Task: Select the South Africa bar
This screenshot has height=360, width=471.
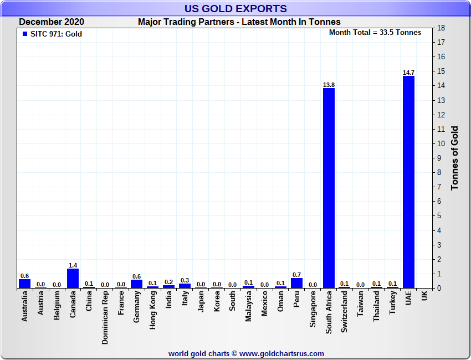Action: pos(329,188)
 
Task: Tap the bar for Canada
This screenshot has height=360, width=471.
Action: pos(73,278)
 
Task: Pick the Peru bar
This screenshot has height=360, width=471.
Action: pos(296,283)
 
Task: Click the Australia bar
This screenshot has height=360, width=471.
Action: pos(24,284)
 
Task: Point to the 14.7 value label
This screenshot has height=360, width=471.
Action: pos(408,73)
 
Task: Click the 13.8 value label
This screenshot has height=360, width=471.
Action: pos(329,85)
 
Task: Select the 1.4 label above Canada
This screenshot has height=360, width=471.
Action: pos(73,265)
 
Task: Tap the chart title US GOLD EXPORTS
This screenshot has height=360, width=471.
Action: pos(235,8)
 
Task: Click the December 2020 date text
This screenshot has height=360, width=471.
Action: pos(52,22)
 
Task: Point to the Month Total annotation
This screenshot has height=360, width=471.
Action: pos(375,33)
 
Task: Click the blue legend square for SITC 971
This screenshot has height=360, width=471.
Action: pos(24,34)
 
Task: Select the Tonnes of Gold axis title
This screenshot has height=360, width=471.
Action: pos(454,158)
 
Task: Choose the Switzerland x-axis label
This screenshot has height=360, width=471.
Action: pos(345,312)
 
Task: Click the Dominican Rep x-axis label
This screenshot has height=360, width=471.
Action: pos(105,318)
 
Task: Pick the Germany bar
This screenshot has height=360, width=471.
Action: pos(136,284)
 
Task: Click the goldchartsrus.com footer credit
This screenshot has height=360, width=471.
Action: pos(246,353)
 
